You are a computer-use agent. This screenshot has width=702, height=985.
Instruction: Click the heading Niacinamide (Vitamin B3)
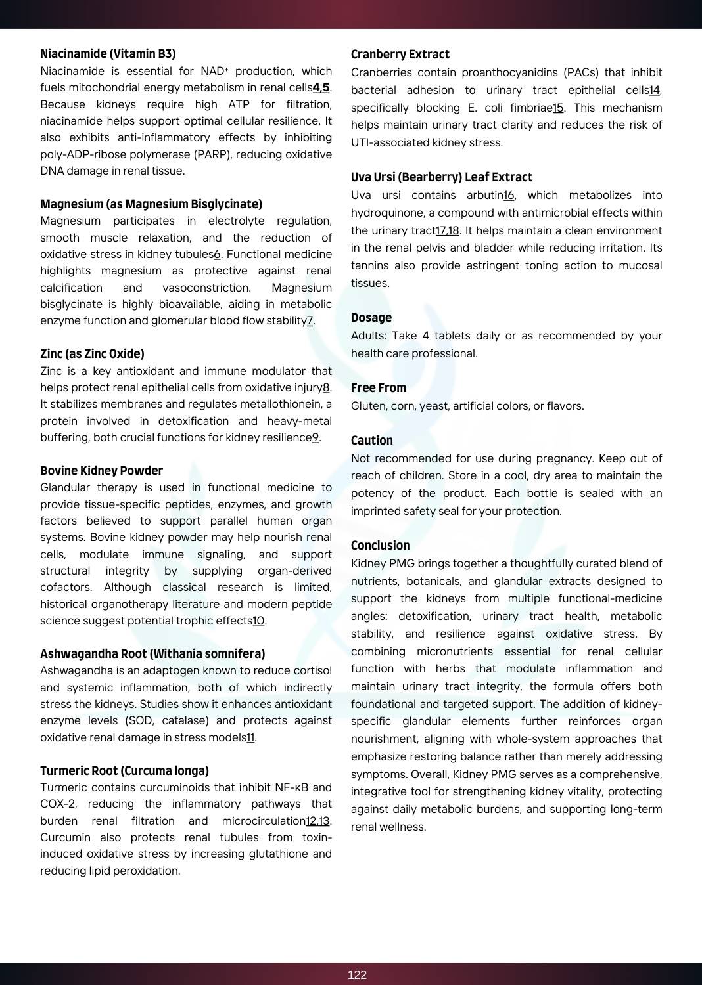108,54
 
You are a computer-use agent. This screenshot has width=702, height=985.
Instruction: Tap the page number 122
357,974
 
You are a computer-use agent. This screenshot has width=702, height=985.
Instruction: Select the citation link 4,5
321,87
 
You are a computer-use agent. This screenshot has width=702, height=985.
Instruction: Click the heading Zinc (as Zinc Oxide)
92,354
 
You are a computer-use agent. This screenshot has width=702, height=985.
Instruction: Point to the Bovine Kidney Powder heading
101,471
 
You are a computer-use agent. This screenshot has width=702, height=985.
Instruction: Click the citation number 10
258,621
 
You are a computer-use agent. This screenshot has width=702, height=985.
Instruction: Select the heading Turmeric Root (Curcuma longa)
124,770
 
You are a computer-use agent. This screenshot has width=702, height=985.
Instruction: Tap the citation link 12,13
317,821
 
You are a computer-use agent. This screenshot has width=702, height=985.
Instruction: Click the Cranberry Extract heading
400,55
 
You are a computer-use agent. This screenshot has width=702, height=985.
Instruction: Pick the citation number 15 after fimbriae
557,108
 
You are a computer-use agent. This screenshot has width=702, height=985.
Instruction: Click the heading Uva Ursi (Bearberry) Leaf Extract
441,177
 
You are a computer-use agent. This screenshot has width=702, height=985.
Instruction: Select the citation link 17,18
448,230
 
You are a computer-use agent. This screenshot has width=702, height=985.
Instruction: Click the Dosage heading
371,318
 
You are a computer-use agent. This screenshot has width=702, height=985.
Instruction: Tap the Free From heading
378,388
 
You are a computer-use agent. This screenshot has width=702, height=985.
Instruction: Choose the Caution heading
371,441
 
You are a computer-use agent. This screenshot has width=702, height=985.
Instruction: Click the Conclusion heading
380,546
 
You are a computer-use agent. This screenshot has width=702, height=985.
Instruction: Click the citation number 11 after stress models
250,737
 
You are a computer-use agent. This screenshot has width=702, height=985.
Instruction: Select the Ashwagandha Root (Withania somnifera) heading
152,654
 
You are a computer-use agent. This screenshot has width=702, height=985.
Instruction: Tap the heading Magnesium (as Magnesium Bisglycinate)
151,204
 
